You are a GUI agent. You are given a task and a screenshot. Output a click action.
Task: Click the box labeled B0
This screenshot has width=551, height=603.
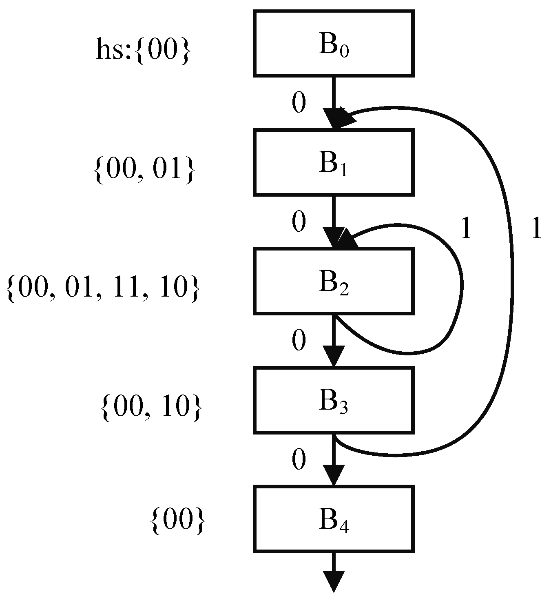coord(334,44)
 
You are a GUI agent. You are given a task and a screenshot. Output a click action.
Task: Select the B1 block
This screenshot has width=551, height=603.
coord(334,162)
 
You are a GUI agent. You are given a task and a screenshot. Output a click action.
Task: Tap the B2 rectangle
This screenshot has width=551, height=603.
coord(334,281)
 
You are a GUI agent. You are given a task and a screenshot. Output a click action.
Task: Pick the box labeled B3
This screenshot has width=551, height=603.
coord(334,400)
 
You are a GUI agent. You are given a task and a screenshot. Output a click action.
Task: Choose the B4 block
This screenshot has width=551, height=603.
coord(334,519)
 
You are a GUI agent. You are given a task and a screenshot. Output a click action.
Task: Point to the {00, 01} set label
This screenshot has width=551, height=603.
coord(144,169)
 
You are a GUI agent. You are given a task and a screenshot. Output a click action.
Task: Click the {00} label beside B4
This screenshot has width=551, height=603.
coord(177,521)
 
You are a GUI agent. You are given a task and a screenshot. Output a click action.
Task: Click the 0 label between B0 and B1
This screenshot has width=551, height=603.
coord(299,103)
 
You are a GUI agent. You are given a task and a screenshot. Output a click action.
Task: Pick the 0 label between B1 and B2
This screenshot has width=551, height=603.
coord(299,222)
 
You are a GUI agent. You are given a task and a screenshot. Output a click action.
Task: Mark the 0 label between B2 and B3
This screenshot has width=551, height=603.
coord(299,341)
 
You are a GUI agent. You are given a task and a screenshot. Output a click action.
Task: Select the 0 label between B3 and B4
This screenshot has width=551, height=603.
coord(299,460)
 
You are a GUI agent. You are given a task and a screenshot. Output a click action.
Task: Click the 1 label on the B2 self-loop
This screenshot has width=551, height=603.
coord(465,228)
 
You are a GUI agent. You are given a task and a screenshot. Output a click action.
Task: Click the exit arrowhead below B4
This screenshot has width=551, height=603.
coord(334,581)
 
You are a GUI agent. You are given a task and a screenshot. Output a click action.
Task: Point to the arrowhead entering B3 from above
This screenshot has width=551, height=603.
coord(334,356)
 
